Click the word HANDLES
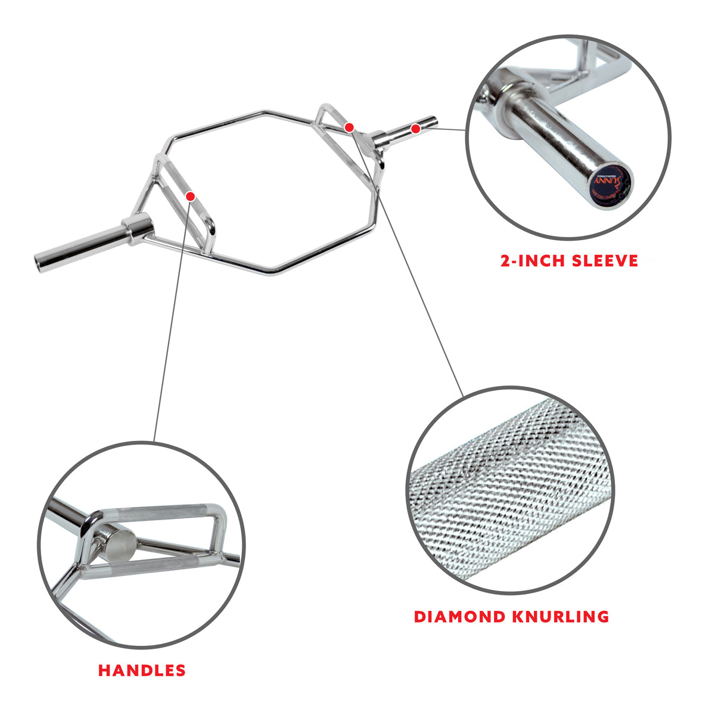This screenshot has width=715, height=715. click(x=142, y=670)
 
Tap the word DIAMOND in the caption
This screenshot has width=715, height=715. click(x=458, y=616)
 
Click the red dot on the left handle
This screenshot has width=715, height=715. click(x=190, y=196)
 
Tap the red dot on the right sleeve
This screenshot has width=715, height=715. click(x=415, y=128)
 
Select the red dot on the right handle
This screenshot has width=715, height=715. click(x=349, y=127)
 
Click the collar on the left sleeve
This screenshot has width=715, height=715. click(x=137, y=230)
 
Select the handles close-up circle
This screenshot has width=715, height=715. click(x=142, y=545)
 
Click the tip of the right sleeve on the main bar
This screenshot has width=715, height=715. click(x=436, y=123)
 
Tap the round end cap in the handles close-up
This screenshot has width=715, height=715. click(x=123, y=542)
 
